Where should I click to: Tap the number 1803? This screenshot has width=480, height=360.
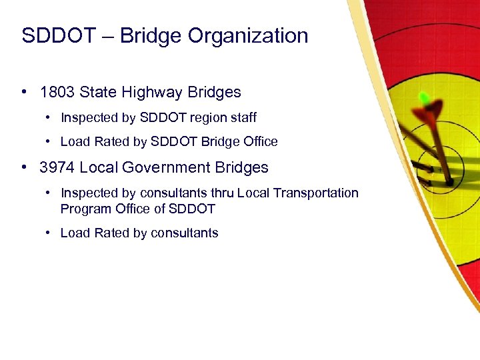pos(57,92)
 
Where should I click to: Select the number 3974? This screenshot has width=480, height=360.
pos(57,167)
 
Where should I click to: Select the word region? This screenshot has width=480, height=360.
pos(210,117)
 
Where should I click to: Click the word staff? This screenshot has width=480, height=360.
pos(243,117)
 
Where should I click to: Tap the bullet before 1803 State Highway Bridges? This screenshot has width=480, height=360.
pos(24,92)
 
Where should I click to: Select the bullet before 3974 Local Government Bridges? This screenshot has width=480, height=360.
pos(24,167)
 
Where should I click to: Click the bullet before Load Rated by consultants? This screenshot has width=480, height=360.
pos(49,233)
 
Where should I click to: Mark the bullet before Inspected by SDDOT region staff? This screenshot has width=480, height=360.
pos(49,117)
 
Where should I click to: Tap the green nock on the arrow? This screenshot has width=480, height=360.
pos(424,98)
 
